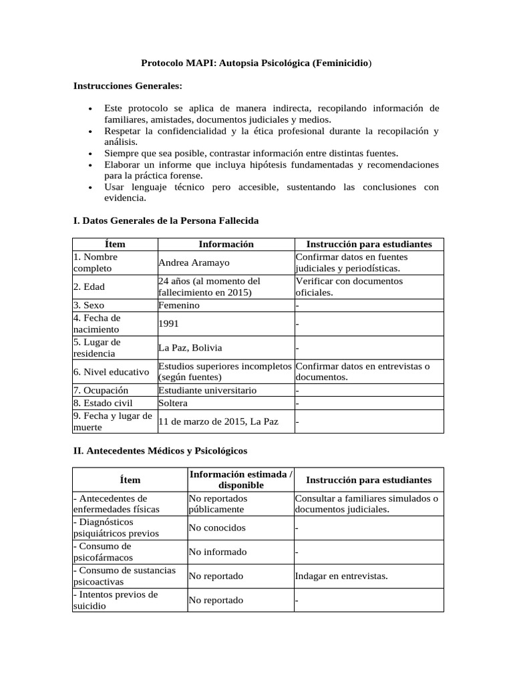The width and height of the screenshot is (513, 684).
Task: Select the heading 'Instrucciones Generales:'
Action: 127,86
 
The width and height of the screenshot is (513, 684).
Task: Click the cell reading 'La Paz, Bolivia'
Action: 190,348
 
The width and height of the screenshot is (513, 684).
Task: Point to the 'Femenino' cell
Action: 179,305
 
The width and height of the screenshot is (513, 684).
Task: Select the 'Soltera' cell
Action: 173,403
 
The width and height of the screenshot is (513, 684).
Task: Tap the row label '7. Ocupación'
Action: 101,390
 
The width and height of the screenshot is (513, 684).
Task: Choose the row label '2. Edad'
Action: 90,287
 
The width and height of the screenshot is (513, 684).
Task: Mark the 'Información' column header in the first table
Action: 226,244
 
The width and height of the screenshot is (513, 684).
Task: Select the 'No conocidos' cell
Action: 217,528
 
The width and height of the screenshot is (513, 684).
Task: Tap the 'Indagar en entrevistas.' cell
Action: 341,576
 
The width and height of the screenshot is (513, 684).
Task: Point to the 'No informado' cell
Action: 218,552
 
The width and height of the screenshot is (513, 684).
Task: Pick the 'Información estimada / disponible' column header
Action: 240,480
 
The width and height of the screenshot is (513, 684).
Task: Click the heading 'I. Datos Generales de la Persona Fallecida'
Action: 165,220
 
